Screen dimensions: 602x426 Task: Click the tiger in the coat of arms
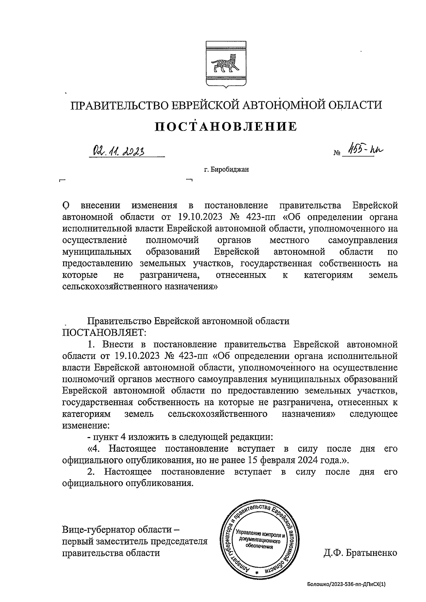click(223, 64)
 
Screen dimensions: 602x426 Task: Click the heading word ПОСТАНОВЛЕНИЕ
click(226, 127)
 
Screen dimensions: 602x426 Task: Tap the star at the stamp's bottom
click(256, 573)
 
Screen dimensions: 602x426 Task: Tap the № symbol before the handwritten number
click(337, 154)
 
